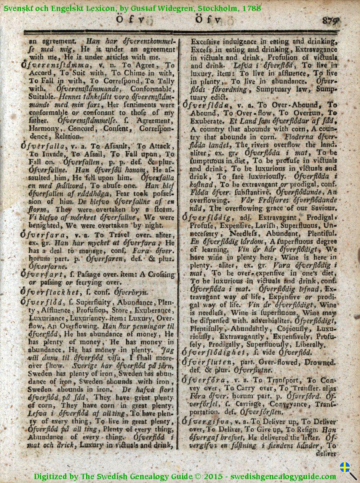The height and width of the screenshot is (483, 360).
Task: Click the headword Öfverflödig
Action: coord(207,218)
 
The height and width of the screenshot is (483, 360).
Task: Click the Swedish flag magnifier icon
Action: coord(348,470)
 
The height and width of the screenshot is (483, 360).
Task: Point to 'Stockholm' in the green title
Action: coord(221,8)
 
